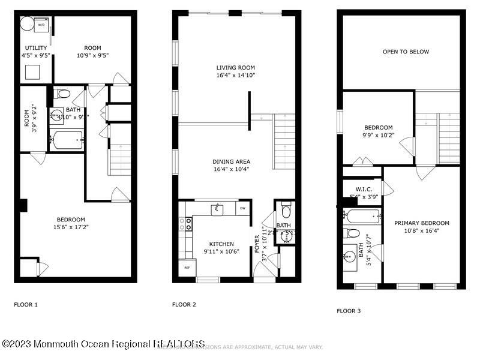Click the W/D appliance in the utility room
[x=42, y=25]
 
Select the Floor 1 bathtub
[x=67, y=140]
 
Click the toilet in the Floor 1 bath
[x=62, y=94]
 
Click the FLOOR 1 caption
[x=26, y=305]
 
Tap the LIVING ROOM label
[x=236, y=71]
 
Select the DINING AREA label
[x=231, y=165]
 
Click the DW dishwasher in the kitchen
[x=242, y=208]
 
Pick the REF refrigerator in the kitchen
[x=187, y=268]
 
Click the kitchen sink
[x=217, y=209]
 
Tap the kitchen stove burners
[x=188, y=224]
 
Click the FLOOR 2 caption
[x=184, y=305]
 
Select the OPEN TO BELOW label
[x=406, y=52]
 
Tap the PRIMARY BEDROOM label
[x=422, y=227]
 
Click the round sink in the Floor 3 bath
[x=349, y=258]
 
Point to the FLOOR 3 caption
[x=349, y=311]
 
